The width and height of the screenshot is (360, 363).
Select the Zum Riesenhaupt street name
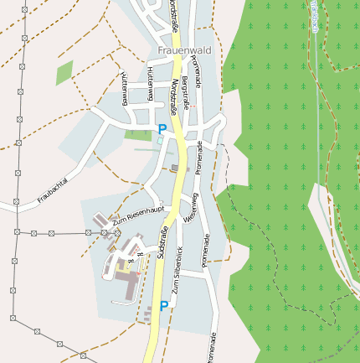(136, 215)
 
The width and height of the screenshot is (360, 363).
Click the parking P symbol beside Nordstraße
(162, 129)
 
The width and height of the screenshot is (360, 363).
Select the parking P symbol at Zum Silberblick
(164, 306)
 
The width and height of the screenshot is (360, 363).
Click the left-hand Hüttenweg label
(123, 87)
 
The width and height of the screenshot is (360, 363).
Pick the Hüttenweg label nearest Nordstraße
(151, 83)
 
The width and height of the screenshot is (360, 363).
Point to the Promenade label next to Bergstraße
(198, 72)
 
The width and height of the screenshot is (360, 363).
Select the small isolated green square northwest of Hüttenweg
(64, 73)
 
